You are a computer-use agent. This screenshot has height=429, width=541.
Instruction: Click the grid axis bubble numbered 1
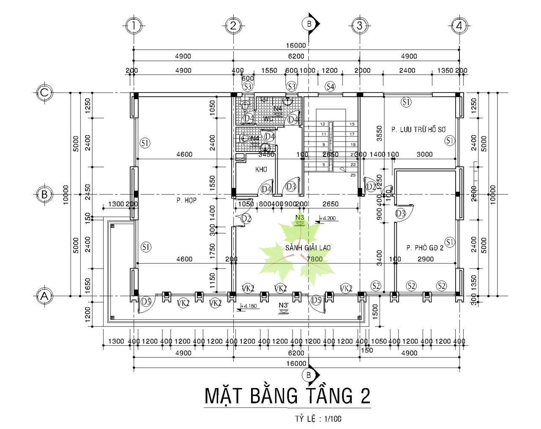[x=134, y=25]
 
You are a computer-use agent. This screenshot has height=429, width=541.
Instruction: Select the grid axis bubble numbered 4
[x=459, y=25]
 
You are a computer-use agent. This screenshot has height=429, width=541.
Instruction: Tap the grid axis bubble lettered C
[x=44, y=92]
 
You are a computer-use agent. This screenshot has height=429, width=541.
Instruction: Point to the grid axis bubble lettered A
[x=44, y=296]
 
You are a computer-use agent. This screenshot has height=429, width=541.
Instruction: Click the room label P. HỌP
[x=186, y=200]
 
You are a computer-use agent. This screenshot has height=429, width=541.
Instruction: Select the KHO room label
[x=261, y=169]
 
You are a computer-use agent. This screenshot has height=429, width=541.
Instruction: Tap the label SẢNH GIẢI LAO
[x=308, y=248]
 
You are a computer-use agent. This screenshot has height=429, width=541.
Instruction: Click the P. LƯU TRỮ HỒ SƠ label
[x=418, y=130]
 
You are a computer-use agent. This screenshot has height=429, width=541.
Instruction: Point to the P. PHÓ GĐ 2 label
[x=425, y=248]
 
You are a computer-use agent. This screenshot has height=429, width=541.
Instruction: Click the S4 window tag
[x=330, y=87]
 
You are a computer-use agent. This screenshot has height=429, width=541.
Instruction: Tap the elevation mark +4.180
[x=248, y=306]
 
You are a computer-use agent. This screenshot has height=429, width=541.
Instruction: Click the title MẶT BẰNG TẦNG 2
[x=287, y=396]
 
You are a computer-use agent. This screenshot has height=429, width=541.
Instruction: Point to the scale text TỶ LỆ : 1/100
[x=318, y=419]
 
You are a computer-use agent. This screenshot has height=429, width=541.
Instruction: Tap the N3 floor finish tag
[x=300, y=217]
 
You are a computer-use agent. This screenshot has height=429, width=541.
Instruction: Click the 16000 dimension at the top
[x=296, y=45]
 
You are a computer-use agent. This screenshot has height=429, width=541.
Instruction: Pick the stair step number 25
[x=353, y=175]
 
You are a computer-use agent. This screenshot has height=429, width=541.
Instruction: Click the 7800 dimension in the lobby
[x=314, y=259]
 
